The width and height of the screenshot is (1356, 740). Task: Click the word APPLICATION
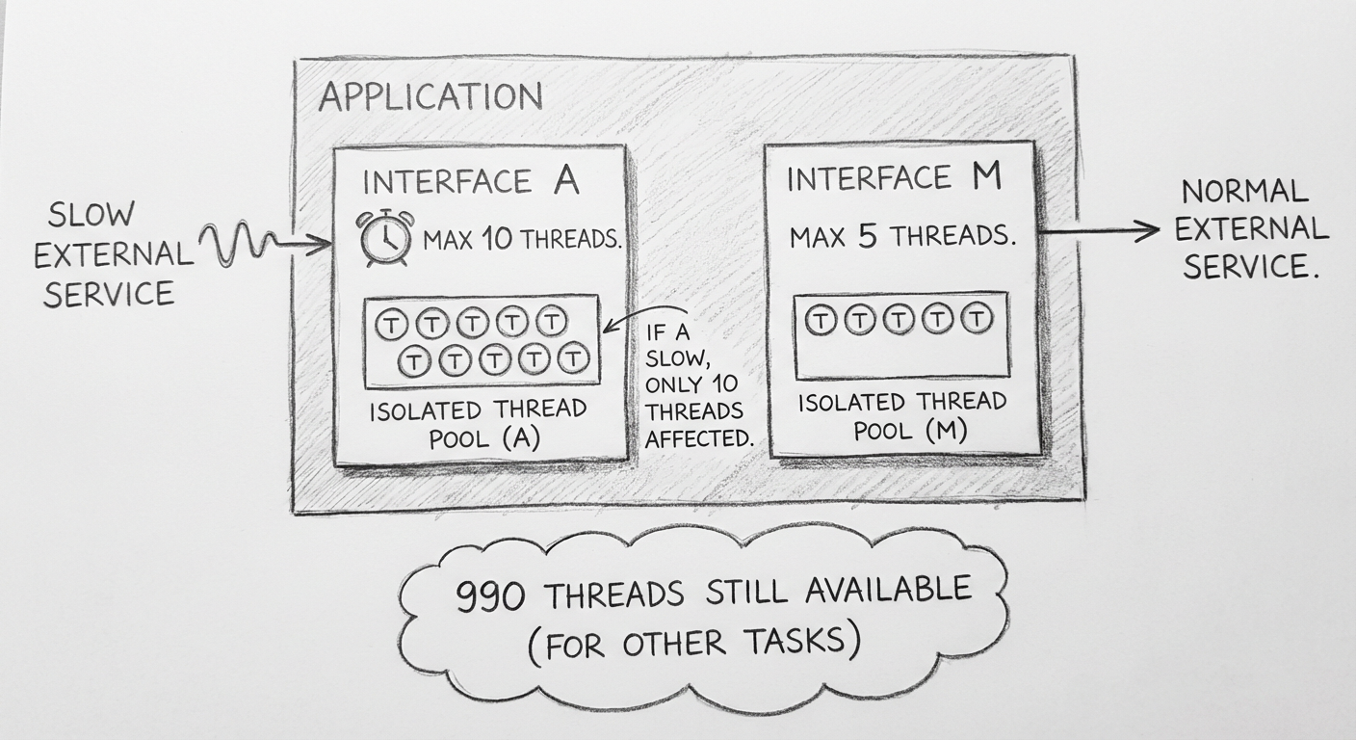point(430,97)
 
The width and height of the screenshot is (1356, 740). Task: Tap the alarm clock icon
point(385,237)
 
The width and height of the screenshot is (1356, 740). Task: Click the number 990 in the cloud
point(490,597)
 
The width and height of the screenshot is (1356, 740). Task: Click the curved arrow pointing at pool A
point(645,319)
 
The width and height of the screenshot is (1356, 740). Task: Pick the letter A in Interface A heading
point(565,181)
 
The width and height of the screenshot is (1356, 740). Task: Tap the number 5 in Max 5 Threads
point(867,236)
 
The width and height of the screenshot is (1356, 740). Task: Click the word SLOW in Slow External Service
point(91,215)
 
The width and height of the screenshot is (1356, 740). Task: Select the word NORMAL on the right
point(1244,193)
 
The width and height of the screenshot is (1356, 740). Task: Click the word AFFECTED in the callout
point(698,437)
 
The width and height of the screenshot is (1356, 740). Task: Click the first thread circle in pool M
point(820,320)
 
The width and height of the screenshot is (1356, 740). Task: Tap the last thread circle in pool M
point(977,320)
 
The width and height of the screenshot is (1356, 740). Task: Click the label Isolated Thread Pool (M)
point(901,416)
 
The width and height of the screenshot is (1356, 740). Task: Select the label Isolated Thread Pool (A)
point(478,423)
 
